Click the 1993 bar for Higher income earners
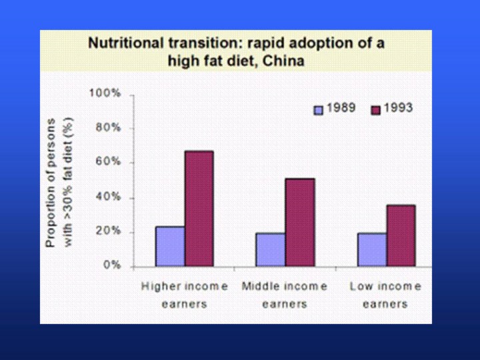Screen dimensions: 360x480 [x=199, y=209]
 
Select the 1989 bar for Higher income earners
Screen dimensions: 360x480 [x=170, y=246]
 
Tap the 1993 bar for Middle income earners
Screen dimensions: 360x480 [x=299, y=222]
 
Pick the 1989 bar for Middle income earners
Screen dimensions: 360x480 [x=270, y=249]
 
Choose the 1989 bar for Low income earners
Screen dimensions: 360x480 [x=372, y=249]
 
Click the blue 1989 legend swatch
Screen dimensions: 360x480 [x=319, y=109]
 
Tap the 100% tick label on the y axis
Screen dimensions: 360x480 [x=106, y=93]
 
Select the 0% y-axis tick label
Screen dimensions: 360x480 [x=111, y=265]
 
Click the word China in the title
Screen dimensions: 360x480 [x=283, y=61]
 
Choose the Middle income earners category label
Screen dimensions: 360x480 [x=284, y=295]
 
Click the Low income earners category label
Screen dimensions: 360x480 [x=385, y=295]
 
